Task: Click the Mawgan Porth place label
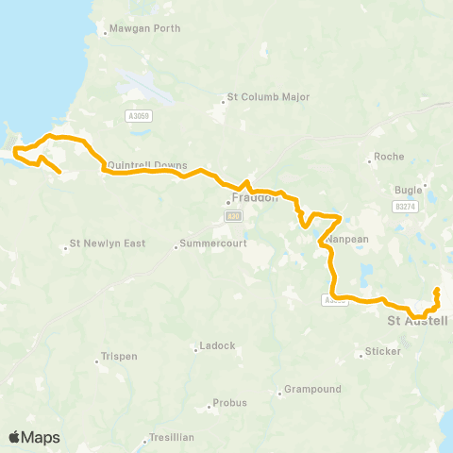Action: tap(145, 28)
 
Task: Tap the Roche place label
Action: tap(389, 157)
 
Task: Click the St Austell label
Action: tap(418, 321)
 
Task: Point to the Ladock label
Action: tap(217, 346)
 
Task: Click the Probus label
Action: tap(229, 403)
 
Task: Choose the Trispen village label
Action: tap(119, 359)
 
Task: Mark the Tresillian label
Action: tap(172, 438)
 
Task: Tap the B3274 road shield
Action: tap(406, 205)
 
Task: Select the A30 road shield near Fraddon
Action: tap(233, 216)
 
